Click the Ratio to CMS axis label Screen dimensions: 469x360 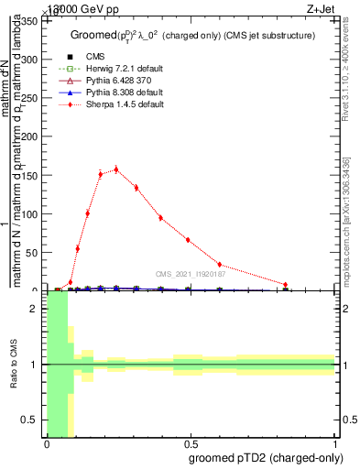[14, 365]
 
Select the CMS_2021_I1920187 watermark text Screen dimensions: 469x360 [191, 273]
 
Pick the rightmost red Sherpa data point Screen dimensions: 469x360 [286, 285]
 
